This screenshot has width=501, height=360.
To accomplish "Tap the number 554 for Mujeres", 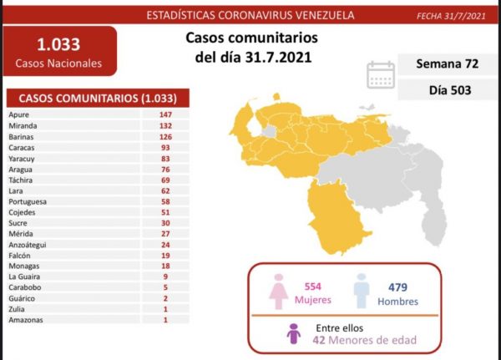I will click(311, 286).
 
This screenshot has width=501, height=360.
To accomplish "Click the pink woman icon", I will click(276, 293).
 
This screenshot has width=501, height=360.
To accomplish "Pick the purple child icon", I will click(293, 335).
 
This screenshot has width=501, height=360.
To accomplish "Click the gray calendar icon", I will click(381, 75).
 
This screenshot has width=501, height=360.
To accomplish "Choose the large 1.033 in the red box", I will click(58, 45).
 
